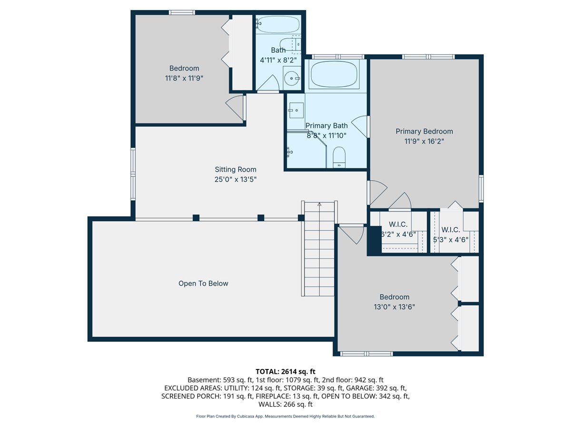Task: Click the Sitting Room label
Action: tap(236, 169)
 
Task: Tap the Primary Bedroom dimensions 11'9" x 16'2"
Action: tap(424, 141)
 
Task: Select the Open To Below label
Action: tap(203, 283)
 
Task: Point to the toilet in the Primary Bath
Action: tap(339, 157)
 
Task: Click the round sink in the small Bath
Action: tap(292, 78)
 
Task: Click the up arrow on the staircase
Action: tap(319, 204)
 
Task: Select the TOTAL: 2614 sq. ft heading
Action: tap(285, 371)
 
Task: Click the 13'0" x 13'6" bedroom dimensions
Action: tap(394, 307)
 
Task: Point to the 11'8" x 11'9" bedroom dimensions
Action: tap(184, 78)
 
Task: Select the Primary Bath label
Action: tap(326, 126)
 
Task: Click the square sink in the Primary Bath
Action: tap(296, 110)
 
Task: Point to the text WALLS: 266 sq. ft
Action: tap(285, 404)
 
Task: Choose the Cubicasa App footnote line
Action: tap(285, 417)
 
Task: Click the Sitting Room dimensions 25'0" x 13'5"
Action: tap(236, 180)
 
